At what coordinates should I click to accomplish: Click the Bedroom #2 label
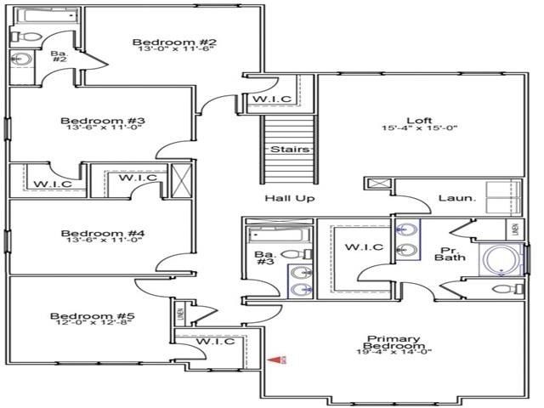[x=175, y=42]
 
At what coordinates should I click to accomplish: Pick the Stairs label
[x=286, y=150]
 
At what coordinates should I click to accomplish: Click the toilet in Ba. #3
[x=292, y=253]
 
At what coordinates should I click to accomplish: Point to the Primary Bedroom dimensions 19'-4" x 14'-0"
[x=394, y=352]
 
